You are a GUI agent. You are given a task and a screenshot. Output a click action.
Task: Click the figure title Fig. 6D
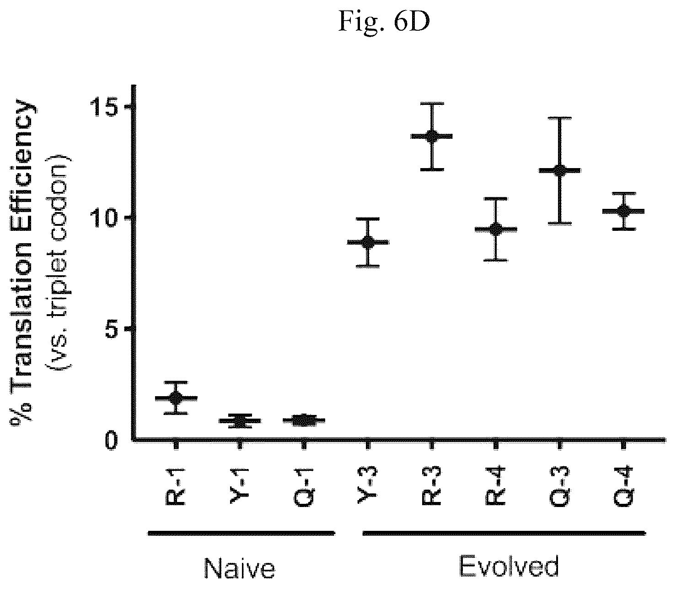tap(384, 22)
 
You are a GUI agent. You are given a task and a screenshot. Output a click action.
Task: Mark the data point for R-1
tap(176, 398)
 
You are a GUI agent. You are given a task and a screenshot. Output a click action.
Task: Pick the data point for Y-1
tap(240, 420)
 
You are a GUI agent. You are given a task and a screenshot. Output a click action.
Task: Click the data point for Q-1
tap(304, 420)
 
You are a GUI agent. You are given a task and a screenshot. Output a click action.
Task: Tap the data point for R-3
tap(431, 136)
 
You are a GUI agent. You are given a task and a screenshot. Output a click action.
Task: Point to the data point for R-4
tap(496, 229)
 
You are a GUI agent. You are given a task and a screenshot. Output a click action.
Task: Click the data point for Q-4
tap(623, 211)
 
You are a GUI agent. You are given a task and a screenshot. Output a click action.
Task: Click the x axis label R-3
tap(431, 485)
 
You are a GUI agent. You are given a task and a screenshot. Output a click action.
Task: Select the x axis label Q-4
tap(623, 486)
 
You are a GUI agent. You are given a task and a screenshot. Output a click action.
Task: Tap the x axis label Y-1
tap(240, 485)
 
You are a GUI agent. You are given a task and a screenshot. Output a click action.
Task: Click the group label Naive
tap(240, 568)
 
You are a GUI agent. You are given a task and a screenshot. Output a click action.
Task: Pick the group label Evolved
tap(509, 567)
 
